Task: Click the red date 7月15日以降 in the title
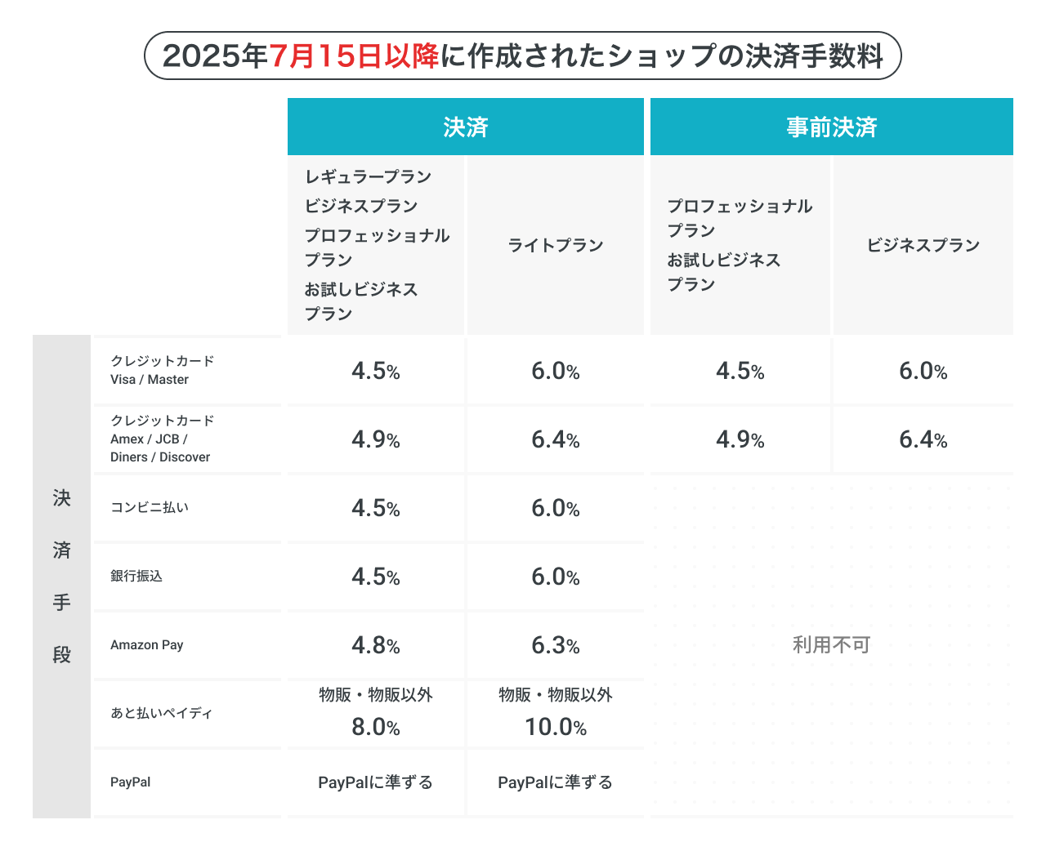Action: coord(354,56)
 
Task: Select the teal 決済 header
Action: coord(466,127)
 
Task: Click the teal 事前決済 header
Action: coord(831,127)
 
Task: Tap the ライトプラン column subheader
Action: coord(556,245)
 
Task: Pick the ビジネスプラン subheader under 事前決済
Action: coord(923,245)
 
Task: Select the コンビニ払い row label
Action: coord(150,507)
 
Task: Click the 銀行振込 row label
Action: coord(136,576)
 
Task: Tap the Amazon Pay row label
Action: coord(147,644)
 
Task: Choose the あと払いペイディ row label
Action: coord(161,713)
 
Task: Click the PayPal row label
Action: coord(131,782)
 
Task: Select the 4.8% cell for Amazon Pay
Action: coord(376,645)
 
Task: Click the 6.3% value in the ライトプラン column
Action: coord(556,645)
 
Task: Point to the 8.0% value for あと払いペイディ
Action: coord(376,726)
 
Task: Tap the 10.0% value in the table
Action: coord(556,726)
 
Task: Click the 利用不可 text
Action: coord(831,645)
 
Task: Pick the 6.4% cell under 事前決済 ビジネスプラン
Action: coord(923,439)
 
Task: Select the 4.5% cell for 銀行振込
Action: coord(376,577)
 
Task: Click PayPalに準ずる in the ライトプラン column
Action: coord(556,782)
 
